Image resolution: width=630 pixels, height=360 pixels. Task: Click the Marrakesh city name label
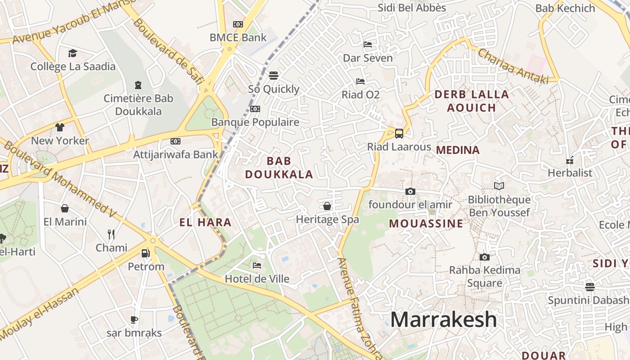[x=443, y=319]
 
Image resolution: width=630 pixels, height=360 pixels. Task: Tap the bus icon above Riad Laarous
[x=399, y=133]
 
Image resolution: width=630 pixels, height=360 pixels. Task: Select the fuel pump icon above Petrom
[x=145, y=253]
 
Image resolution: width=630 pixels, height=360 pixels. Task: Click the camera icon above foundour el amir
[x=410, y=191]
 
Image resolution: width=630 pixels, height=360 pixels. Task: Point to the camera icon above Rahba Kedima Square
[x=484, y=257]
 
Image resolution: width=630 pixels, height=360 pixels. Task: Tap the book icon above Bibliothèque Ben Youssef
[x=499, y=186]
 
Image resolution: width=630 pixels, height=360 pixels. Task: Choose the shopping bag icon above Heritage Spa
[x=327, y=206]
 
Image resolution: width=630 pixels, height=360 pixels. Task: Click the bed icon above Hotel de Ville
[x=257, y=265]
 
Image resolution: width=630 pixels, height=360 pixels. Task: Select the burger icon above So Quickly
[x=274, y=75]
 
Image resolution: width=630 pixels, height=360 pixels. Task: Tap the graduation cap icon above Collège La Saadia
[x=72, y=54]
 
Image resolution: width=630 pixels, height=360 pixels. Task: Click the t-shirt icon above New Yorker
[x=60, y=127]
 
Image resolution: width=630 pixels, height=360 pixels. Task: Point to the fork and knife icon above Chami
[x=111, y=234]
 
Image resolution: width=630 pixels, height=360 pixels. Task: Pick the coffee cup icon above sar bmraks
[x=134, y=320]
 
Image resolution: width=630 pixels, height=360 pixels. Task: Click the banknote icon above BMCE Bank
[x=238, y=24]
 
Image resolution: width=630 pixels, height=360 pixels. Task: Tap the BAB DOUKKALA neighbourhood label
[x=279, y=167]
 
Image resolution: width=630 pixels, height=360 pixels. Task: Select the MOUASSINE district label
[x=426, y=224]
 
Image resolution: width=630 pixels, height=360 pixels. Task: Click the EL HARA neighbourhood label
[x=205, y=222]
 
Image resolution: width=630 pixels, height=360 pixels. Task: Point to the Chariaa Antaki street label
[x=513, y=66]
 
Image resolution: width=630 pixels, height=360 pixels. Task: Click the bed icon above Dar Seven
[x=367, y=45]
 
